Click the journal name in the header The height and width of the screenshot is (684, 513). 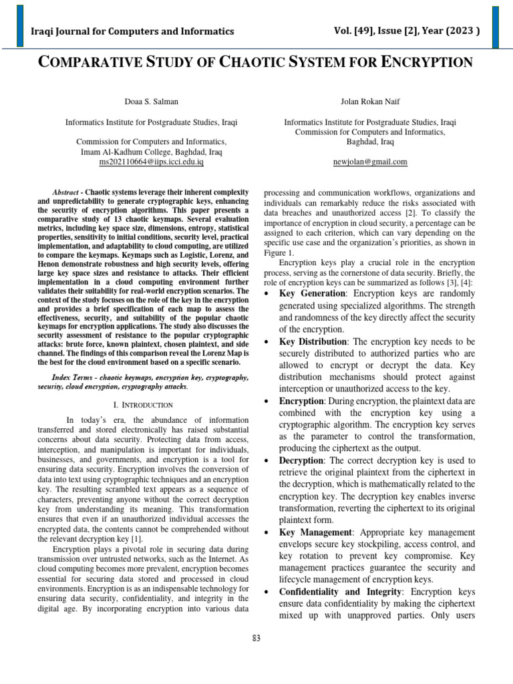[133, 31]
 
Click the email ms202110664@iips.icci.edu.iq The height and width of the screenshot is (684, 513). [151, 162]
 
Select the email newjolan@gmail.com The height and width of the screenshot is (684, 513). [370, 162]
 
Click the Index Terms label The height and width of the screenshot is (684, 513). [73, 377]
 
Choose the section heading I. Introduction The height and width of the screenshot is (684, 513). [144, 405]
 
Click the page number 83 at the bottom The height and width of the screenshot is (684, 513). [256, 639]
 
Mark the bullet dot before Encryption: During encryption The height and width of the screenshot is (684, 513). [268, 401]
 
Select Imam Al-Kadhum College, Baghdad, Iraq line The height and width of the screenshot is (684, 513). [151, 152]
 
